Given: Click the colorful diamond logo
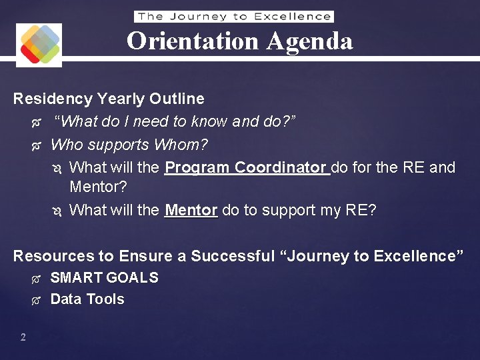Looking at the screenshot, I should (x=39, y=44).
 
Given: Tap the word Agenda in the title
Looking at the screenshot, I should (x=309, y=41).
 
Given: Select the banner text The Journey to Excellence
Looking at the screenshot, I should (x=234, y=17).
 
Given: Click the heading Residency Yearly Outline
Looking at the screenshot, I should (x=109, y=99).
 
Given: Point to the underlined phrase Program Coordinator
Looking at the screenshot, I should (x=247, y=167).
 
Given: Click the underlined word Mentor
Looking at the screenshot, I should (x=191, y=211).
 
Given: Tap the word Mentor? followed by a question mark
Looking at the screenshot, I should (x=98, y=186).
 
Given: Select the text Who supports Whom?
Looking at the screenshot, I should (x=129, y=145).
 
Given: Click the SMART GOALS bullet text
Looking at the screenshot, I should (x=104, y=278).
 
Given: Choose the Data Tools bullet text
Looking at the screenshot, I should (x=87, y=299).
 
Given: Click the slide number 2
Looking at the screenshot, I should (x=23, y=337).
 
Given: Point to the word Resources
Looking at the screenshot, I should (x=53, y=256).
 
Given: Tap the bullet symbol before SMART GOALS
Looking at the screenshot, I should (x=36, y=279).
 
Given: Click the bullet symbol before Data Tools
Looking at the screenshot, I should (x=36, y=300).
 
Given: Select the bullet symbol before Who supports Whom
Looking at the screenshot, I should (x=36, y=145).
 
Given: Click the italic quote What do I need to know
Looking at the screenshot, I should (x=175, y=122).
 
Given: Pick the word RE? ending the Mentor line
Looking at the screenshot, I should (x=361, y=211).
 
